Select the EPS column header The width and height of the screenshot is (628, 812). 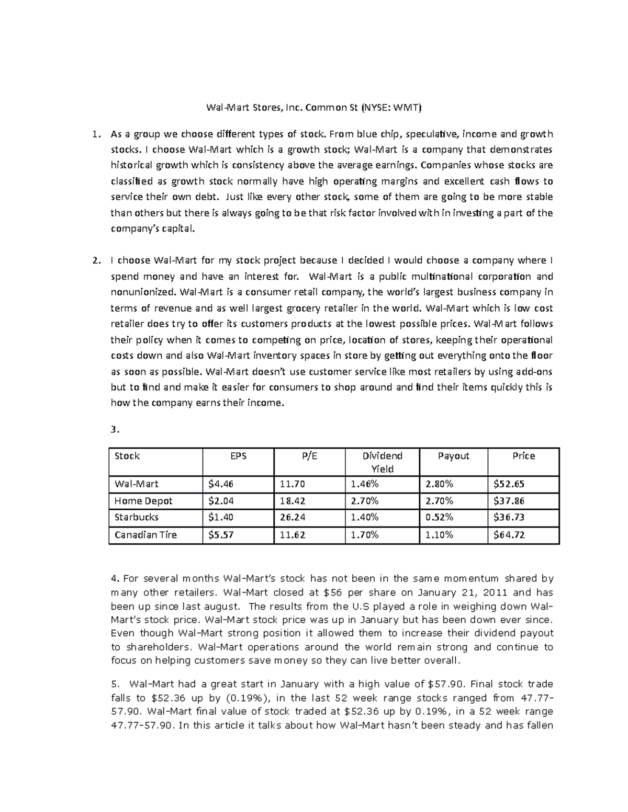pyautogui.click(x=238, y=456)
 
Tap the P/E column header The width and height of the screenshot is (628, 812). pyautogui.click(x=309, y=456)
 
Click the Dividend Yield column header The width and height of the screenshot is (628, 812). pyautogui.click(x=382, y=462)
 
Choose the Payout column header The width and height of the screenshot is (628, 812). pyautogui.click(x=453, y=456)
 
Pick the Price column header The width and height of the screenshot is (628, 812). pyautogui.click(x=523, y=456)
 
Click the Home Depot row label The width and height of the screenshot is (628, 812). pyautogui.click(x=143, y=501)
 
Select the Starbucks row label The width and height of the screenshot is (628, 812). pyautogui.click(x=136, y=517)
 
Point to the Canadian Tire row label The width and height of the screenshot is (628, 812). pyautogui.click(x=145, y=535)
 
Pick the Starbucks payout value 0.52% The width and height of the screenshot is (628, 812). pyautogui.click(x=439, y=517)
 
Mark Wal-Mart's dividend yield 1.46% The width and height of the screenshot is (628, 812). pyautogui.click(x=365, y=484)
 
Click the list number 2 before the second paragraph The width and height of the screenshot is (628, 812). pyautogui.click(x=95, y=260)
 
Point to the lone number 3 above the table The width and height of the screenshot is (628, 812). pyautogui.click(x=115, y=430)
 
